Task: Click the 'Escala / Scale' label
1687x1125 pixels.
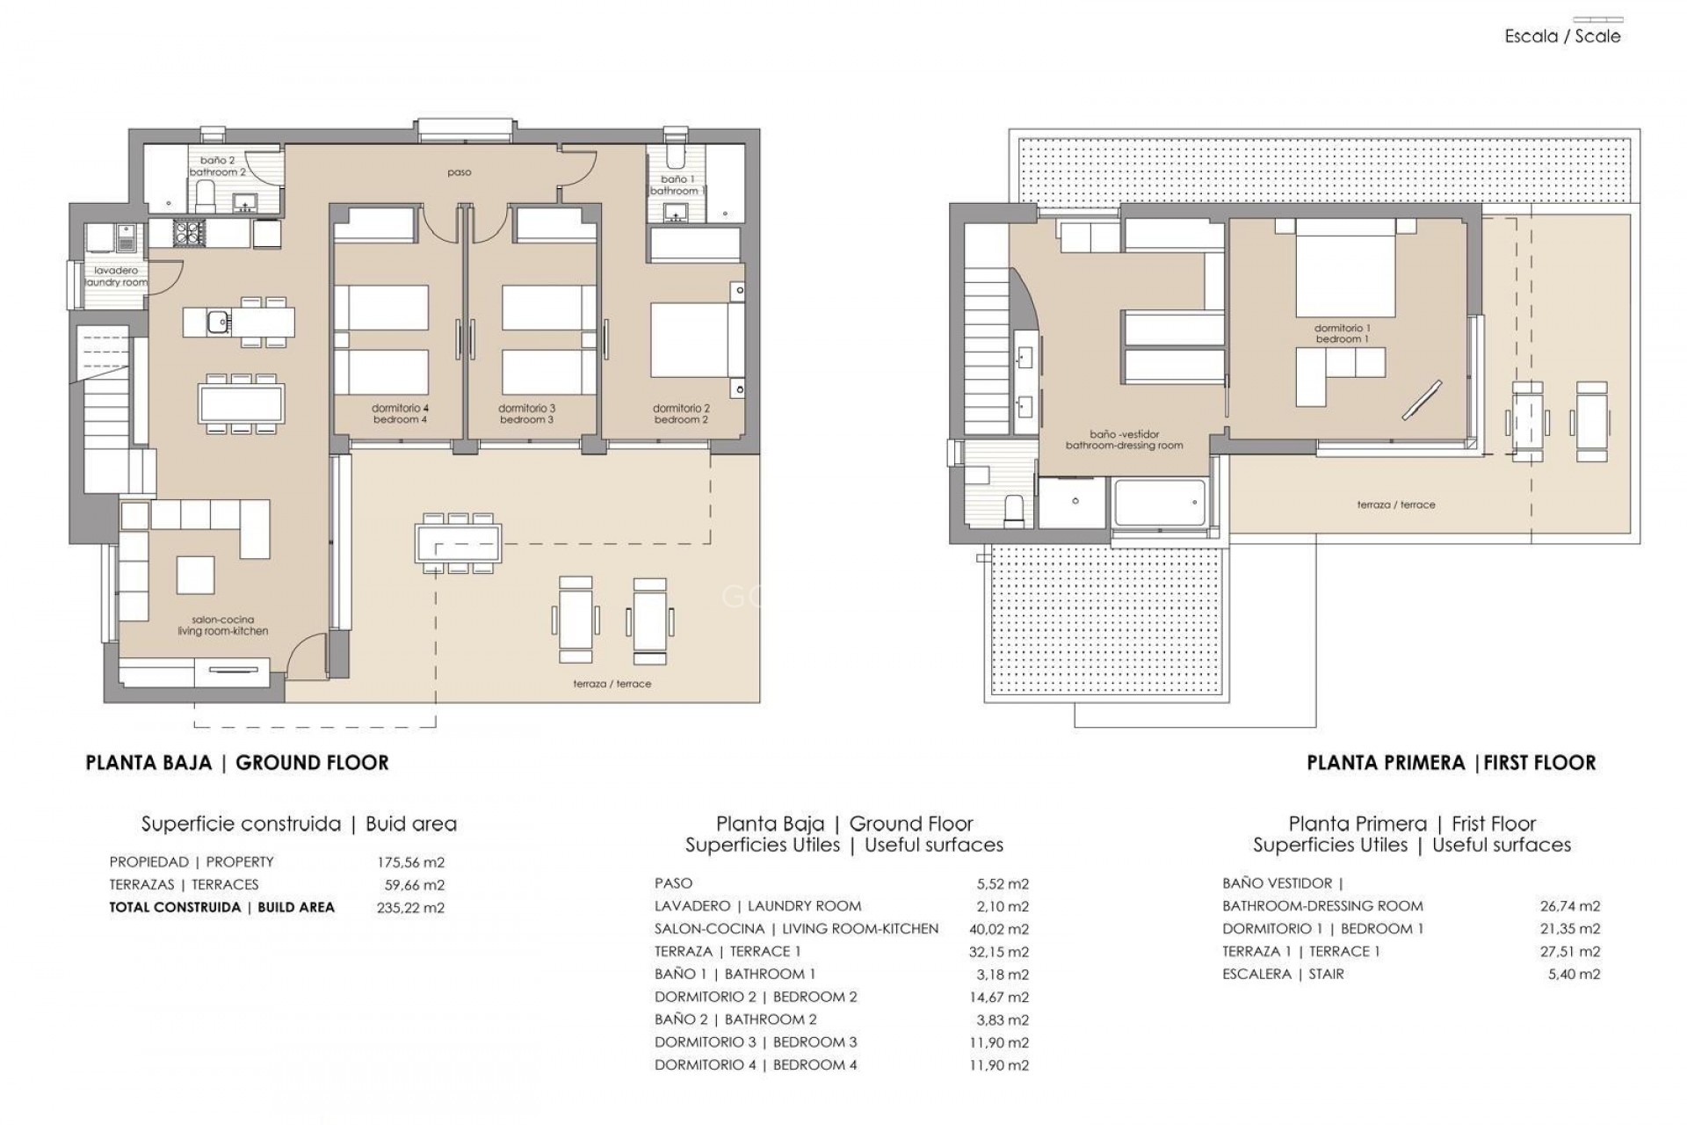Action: pos(1562,36)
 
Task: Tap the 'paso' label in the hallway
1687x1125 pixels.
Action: pos(459,172)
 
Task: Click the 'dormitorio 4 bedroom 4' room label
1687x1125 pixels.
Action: pos(400,414)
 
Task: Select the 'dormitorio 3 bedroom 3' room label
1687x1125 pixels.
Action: pos(526,414)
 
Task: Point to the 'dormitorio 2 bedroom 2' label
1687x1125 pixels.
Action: pos(681,414)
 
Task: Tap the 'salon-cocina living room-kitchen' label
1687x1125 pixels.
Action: pos(222,626)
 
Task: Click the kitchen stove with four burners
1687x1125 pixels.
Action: pos(188,232)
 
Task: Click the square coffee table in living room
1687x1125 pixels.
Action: pos(195,576)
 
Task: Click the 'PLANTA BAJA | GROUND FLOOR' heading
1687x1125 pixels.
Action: pos(237,763)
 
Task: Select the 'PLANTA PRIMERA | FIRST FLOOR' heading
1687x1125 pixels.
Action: pos(1451,763)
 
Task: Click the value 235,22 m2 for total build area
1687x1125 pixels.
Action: pos(410,908)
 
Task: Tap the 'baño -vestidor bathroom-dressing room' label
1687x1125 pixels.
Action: pos(1124,439)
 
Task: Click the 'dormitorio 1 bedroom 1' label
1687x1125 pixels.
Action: pos(1342,333)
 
